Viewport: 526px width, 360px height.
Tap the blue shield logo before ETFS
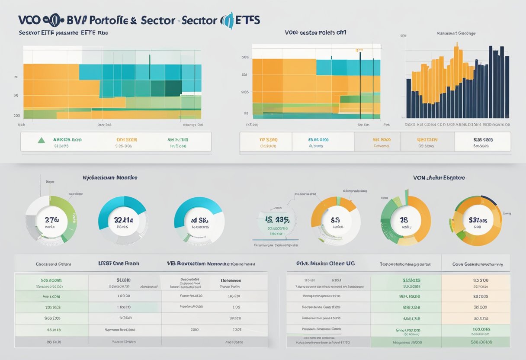click(x=227, y=20)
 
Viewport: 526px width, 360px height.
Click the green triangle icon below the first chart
click(x=42, y=140)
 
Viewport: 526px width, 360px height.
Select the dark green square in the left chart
click(x=173, y=87)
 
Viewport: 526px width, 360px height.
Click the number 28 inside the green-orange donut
click(x=404, y=220)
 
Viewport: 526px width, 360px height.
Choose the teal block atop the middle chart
click(x=348, y=67)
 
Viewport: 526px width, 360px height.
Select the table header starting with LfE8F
click(x=119, y=263)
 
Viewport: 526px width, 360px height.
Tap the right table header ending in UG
click(x=325, y=263)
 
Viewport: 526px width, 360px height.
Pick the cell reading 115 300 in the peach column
click(x=481, y=280)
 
